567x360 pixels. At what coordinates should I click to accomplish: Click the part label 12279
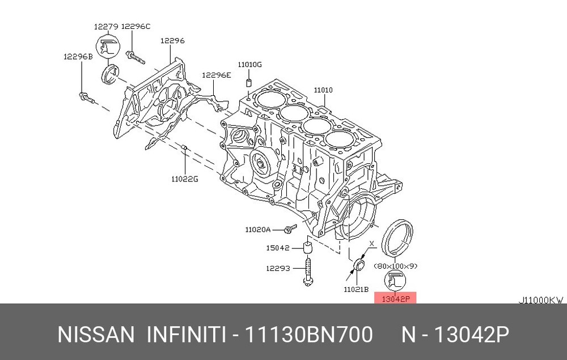pos(106,27)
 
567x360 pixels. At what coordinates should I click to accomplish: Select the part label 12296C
pos(136,27)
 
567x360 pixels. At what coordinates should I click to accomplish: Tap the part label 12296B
pos(78,57)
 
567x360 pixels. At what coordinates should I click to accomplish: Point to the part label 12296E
pos(216,75)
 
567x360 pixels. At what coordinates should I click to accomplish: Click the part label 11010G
pos(249,65)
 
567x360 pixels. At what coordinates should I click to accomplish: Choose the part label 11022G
pos(185,179)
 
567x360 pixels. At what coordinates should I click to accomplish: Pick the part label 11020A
pos(257,230)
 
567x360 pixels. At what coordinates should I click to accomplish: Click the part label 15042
pos(278,248)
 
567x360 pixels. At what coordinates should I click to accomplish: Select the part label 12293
pos(278,269)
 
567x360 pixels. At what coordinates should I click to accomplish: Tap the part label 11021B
pos(356,289)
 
